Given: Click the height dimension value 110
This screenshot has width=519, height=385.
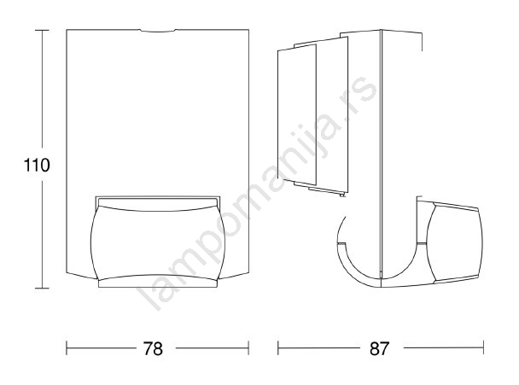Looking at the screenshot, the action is [37, 165].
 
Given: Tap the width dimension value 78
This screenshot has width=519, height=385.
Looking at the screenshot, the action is [153, 348].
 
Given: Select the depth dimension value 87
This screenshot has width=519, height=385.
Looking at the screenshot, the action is [379, 348].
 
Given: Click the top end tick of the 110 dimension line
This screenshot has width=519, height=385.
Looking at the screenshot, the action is [42, 30].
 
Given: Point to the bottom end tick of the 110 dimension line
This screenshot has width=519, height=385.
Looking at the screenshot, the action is [42, 289].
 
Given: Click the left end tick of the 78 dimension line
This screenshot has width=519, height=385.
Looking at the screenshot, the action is [67, 348].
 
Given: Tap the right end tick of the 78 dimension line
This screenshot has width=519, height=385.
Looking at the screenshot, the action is [248, 348].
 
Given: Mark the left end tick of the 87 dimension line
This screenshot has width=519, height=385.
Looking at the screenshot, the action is [278, 348].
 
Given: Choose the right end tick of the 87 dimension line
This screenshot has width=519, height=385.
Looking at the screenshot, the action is [484, 348].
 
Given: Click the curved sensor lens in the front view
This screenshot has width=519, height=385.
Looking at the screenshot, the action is [158, 242].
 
